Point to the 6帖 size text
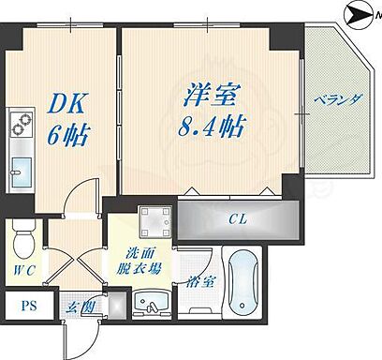click(67, 135)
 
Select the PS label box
click(27, 305)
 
